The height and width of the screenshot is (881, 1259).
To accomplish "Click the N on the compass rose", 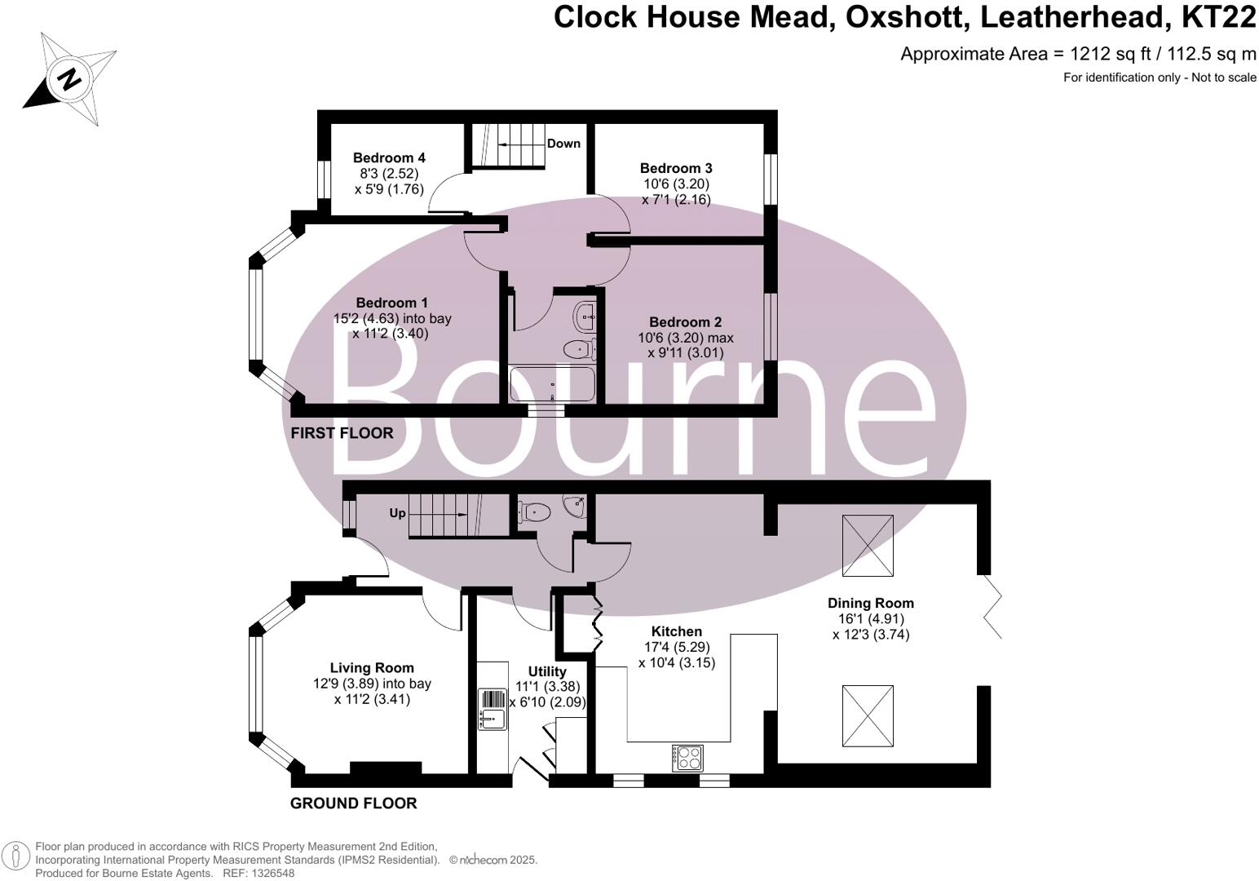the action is pos(69,79).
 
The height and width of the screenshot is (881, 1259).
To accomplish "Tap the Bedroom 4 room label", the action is pos(389,157).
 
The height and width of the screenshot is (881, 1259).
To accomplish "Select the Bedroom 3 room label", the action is pos(676,168).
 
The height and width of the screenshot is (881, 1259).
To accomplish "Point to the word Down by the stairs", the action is pos(563,144).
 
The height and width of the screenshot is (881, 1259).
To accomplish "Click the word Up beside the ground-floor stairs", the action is pos(397,513).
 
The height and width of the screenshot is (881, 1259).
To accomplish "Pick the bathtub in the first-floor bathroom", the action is pos(551,384).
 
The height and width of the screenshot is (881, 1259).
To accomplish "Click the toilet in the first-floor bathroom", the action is pos(579,349).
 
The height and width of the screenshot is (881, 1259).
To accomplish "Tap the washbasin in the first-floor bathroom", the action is pos(585,317).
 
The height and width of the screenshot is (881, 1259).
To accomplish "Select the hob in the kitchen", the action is pos(687,758).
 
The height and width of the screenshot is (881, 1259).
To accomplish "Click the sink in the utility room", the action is pos(493,710).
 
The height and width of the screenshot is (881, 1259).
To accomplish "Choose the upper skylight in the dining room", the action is pos(868,546).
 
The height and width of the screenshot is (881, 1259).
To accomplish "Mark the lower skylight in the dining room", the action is pos(868,715).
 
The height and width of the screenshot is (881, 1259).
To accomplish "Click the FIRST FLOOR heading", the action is pos(342,433).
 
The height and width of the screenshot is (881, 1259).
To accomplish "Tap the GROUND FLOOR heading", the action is pos(354,804).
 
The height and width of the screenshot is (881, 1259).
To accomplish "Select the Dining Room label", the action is pos(871,604).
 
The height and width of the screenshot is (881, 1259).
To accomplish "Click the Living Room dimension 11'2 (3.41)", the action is pos(372,699).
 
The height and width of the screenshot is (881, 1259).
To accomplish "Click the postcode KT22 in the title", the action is pos(1218,17).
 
